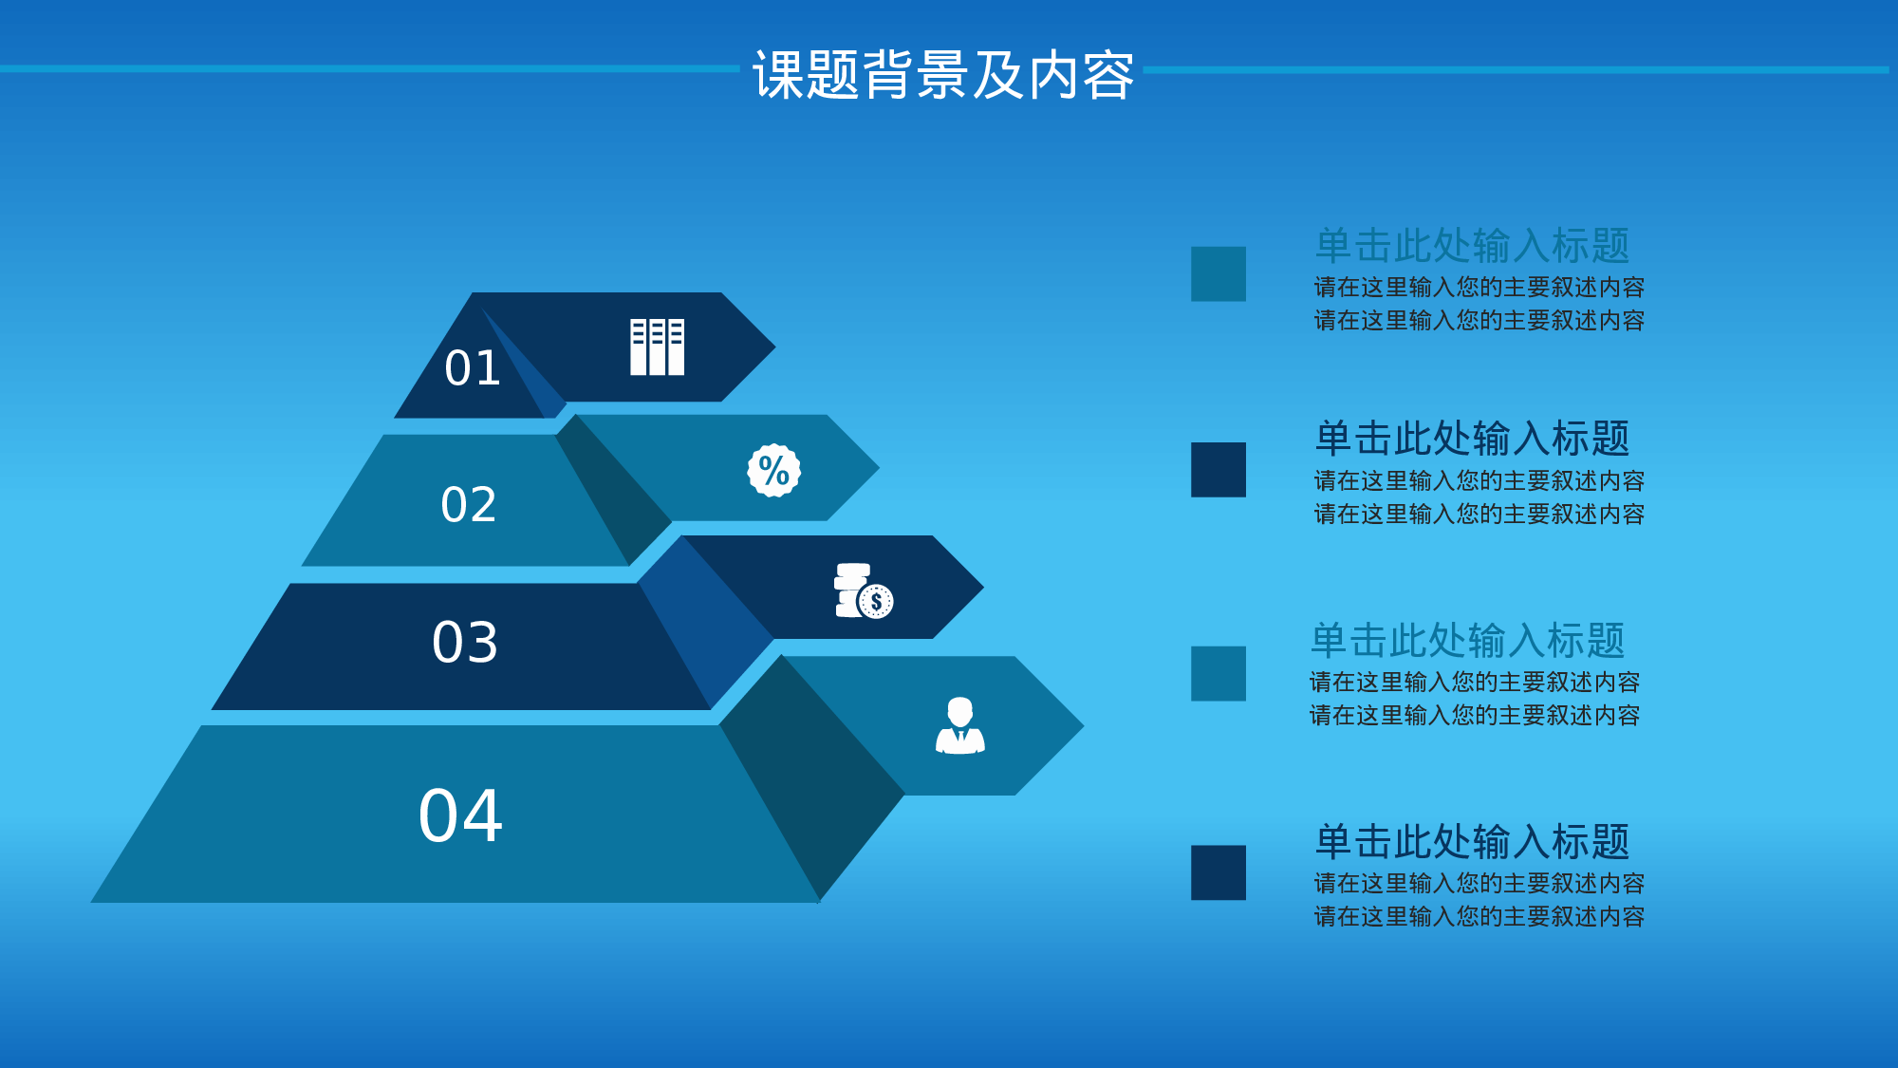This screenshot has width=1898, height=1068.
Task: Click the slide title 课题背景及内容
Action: pyautogui.click(x=943, y=75)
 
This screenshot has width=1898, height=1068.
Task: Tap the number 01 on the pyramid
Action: pyautogui.click(x=473, y=368)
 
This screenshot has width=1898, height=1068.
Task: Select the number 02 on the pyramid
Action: pyautogui.click(x=469, y=504)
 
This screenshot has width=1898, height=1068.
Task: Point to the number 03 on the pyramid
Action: pyautogui.click(x=465, y=643)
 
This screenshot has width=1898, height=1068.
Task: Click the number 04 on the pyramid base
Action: pyautogui.click(x=460, y=815)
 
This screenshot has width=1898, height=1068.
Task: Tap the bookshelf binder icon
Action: pyautogui.click(x=657, y=347)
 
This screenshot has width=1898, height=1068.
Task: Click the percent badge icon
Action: pyautogui.click(x=773, y=470)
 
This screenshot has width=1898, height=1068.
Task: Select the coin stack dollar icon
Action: pyautogui.click(x=864, y=590)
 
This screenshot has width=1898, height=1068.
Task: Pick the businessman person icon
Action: pyautogui.click(x=959, y=726)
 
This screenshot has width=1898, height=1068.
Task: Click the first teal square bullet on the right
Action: pyautogui.click(x=1218, y=273)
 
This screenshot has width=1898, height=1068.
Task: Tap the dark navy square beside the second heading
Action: pyautogui.click(x=1218, y=469)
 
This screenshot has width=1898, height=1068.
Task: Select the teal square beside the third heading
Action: pyautogui.click(x=1218, y=673)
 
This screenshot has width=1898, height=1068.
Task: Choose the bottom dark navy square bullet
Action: pyautogui.click(x=1218, y=871)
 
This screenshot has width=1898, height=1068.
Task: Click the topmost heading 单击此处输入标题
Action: pyautogui.click(x=1472, y=246)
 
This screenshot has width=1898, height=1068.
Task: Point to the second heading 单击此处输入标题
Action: pyautogui.click(x=1472, y=439)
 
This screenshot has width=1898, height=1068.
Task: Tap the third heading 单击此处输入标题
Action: pyautogui.click(x=1467, y=641)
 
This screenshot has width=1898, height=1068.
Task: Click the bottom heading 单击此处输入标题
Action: pyautogui.click(x=1472, y=842)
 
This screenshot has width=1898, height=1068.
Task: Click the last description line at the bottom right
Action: pyautogui.click(x=1479, y=917)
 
